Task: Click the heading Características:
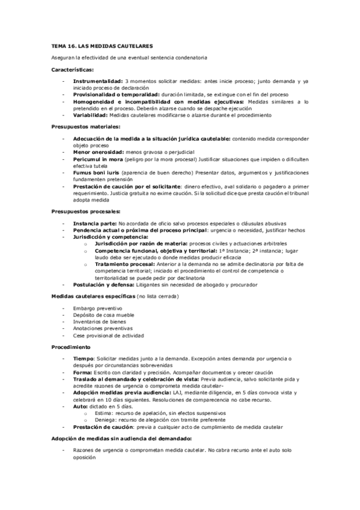pyautogui.click(x=73, y=70)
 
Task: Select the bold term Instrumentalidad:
pyautogui.click(x=98, y=80)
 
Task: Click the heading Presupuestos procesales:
pyautogui.click(x=85, y=211)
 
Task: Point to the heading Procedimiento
pyautogui.click(x=71, y=347)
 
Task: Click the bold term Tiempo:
pyautogui.click(x=85, y=358)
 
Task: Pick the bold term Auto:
pyautogui.click(x=82, y=406)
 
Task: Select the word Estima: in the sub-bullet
pyautogui.click(x=103, y=413)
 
